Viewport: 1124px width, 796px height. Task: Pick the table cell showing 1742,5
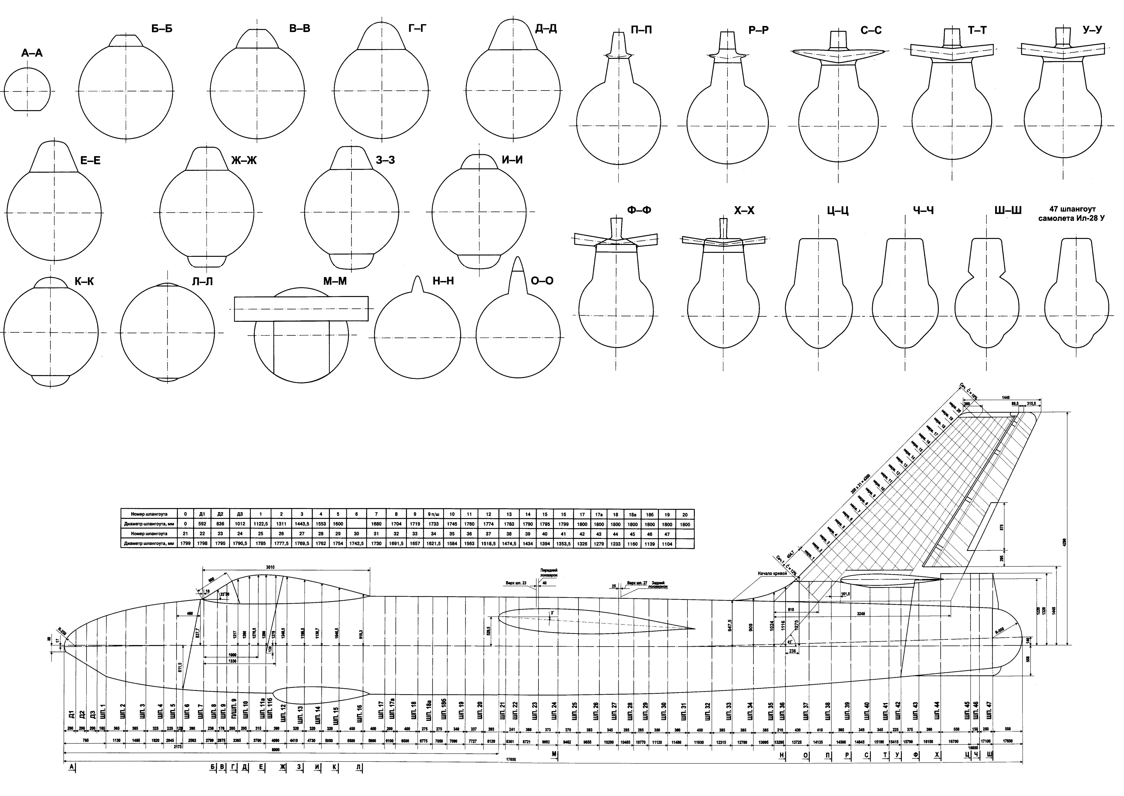tap(356, 544)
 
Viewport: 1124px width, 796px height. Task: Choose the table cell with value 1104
tap(667, 544)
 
